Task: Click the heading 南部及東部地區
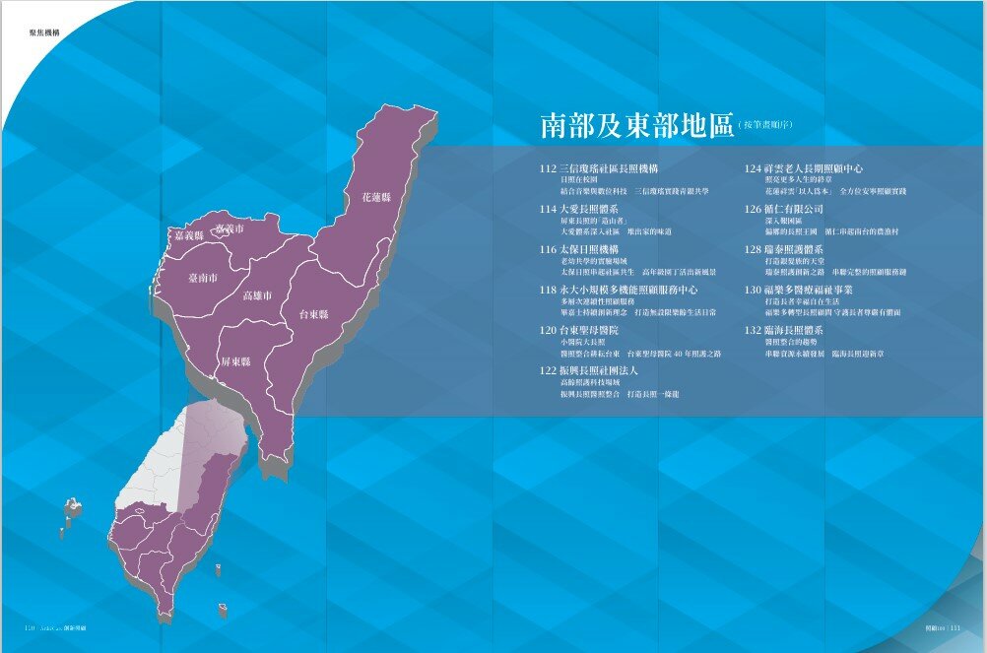click(636, 125)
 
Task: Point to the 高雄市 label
click(259, 295)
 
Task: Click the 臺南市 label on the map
click(209, 279)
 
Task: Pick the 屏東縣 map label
click(235, 361)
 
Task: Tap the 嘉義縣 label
click(188, 236)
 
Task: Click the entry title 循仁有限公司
click(794, 209)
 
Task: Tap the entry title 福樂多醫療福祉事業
click(809, 291)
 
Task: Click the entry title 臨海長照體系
click(799, 331)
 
